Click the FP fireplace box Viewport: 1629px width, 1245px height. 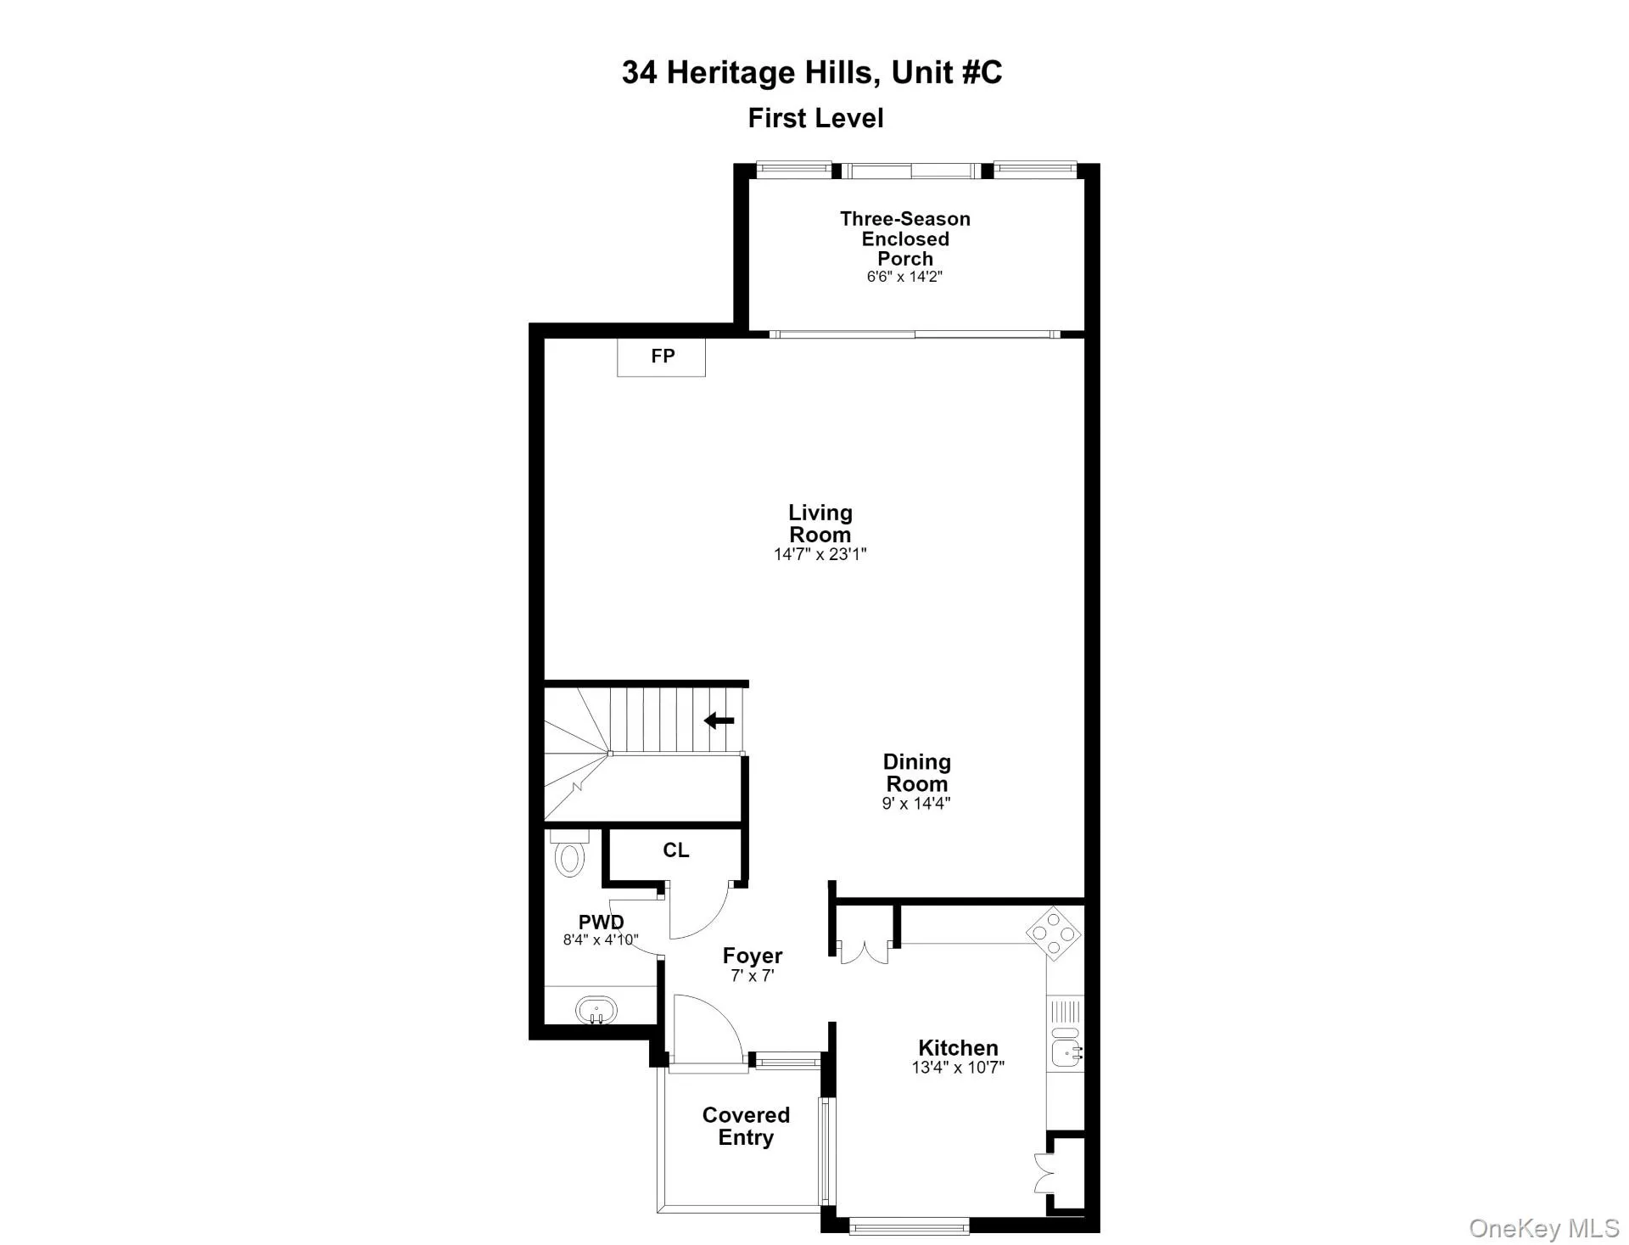(x=661, y=356)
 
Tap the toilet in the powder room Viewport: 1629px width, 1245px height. (x=569, y=853)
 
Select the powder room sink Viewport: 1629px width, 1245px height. (x=596, y=1011)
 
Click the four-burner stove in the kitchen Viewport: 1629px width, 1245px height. (x=1054, y=934)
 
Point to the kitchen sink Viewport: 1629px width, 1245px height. (x=1066, y=1053)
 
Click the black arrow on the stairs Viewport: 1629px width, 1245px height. (x=719, y=721)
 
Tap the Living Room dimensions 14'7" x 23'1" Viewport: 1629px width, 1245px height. (x=820, y=554)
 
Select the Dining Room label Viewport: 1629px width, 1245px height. (x=916, y=773)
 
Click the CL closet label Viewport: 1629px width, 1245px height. (x=676, y=850)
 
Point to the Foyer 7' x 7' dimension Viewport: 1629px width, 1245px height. (x=753, y=976)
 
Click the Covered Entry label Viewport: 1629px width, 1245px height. (x=746, y=1126)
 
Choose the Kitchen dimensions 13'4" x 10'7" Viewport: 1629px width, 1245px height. (x=958, y=1068)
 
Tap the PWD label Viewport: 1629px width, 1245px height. (x=602, y=922)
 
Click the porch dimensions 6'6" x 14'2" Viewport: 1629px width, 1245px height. (x=904, y=277)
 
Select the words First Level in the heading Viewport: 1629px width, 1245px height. (x=815, y=118)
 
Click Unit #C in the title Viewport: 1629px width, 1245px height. (x=947, y=72)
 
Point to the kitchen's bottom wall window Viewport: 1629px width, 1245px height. (x=909, y=1225)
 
